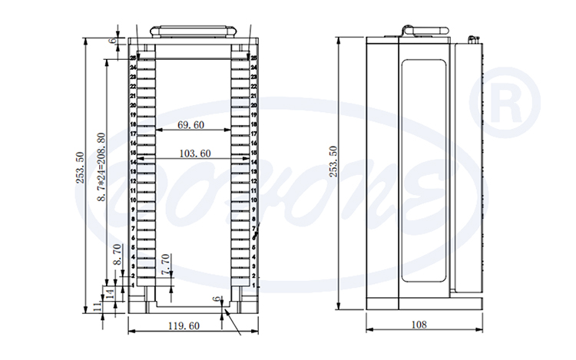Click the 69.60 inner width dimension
190,124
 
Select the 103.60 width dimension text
194,154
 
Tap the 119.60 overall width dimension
184,325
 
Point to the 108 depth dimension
419,325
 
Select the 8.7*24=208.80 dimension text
101,168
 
